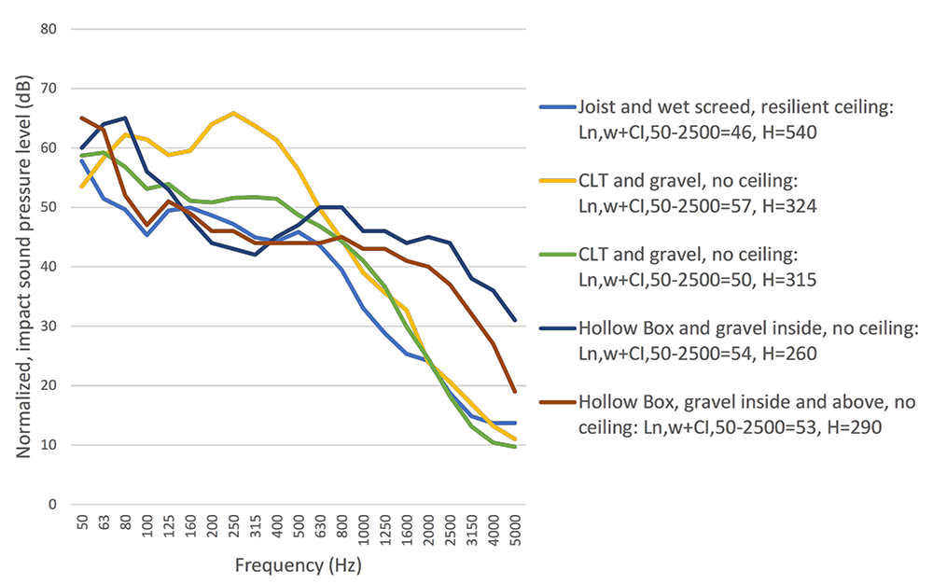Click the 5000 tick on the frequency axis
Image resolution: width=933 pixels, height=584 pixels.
515,531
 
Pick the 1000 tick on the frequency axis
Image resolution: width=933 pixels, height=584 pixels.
362,531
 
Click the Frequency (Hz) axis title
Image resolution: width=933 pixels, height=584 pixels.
298,565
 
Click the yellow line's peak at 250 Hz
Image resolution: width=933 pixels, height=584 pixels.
232,113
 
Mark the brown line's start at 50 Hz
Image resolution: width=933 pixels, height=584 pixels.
82,118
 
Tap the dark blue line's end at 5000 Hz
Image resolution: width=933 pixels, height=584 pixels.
515,321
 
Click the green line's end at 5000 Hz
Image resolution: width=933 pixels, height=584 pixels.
515,447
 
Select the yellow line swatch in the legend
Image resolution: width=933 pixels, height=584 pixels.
556,182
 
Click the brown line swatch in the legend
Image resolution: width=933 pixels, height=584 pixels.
556,403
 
